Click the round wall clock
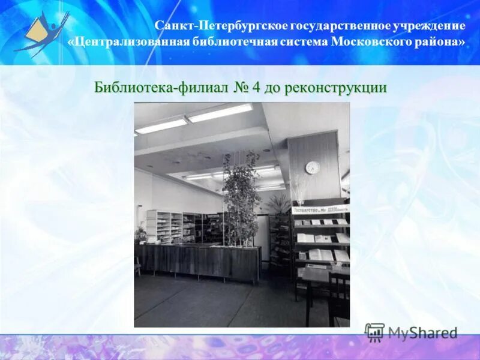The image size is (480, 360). click(x=313, y=167)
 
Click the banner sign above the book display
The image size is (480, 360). click(x=320, y=209)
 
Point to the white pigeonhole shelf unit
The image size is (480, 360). click(x=164, y=226)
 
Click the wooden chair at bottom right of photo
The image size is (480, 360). click(x=339, y=297)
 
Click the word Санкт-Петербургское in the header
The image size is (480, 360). click(x=221, y=26)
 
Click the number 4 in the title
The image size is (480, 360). click(x=256, y=87)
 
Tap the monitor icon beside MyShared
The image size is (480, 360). click(x=374, y=332)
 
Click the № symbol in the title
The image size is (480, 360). click(x=241, y=87)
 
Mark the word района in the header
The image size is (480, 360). click(x=440, y=42)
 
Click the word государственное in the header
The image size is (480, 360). click(x=341, y=26)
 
